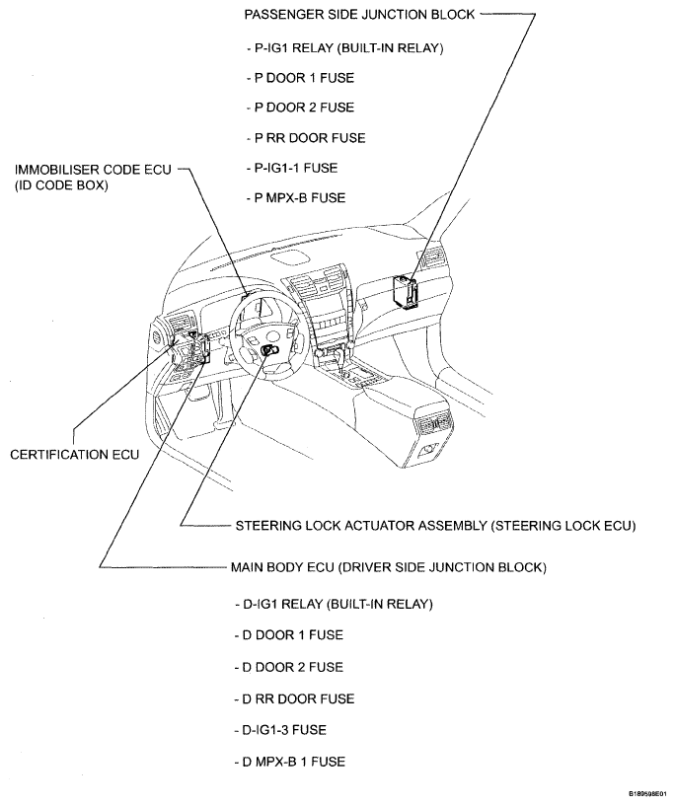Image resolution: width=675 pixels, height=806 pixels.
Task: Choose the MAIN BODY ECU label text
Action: pos(388,567)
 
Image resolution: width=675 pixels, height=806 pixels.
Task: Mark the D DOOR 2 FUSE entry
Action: pos(289,667)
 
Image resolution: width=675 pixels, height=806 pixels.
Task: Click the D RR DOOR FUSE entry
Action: pos(294,698)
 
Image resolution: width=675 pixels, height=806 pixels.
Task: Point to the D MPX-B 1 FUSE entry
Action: pos(290,762)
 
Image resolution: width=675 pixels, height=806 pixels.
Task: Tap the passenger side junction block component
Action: pos(404,292)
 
